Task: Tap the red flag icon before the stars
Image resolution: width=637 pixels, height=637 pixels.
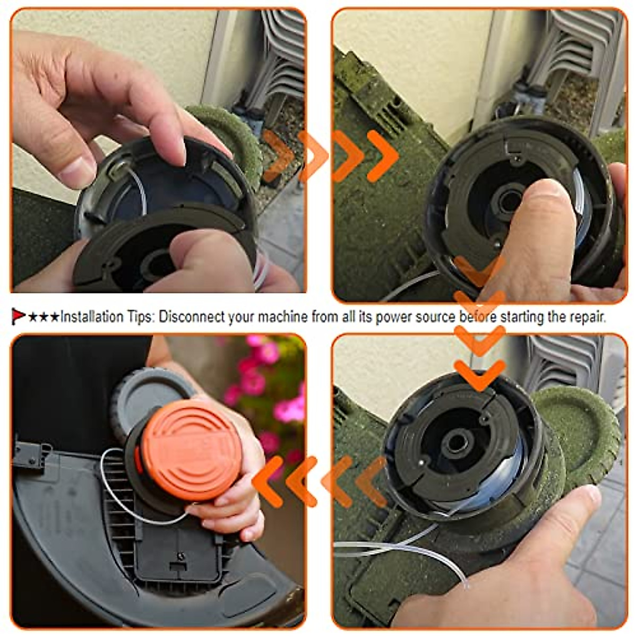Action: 18,317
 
